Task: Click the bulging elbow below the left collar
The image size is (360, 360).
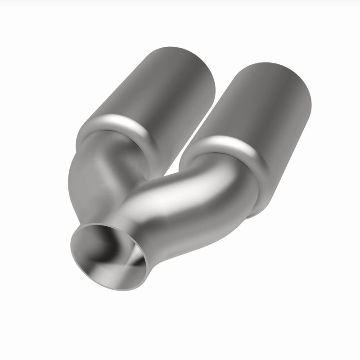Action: (x=90, y=166)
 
